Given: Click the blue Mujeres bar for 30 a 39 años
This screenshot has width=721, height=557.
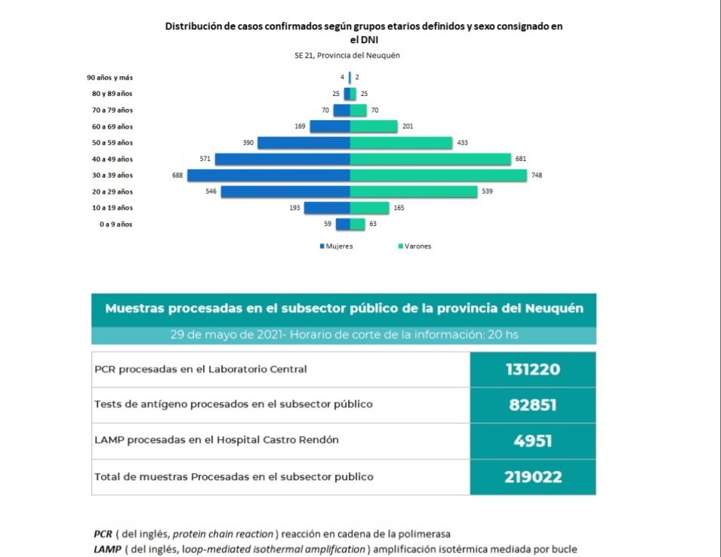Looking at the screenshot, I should tap(269, 175).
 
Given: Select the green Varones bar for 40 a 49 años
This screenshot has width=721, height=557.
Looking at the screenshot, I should tap(430, 159).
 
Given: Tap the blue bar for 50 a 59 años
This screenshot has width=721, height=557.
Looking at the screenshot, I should tap(303, 143).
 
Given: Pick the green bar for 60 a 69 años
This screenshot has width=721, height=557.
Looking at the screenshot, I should tap(374, 126).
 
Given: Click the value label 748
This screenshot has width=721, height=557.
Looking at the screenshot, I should tap(537, 175).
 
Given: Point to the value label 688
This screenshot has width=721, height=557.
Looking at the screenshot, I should tap(177, 175).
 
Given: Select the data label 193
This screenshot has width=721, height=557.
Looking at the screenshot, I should tap(295, 208).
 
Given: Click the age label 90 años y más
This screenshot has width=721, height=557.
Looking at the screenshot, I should tap(109, 77).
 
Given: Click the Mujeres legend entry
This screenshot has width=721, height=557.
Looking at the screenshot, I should tap(338, 246).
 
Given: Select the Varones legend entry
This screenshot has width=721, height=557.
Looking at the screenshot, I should tap(415, 246).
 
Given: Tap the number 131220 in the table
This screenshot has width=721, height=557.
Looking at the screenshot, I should tap(532, 370).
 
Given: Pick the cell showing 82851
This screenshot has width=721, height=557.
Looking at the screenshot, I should tap(532, 405).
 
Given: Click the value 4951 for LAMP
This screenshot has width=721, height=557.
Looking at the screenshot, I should tap(532, 441).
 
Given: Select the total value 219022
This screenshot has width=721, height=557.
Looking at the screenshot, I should tap(532, 477).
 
